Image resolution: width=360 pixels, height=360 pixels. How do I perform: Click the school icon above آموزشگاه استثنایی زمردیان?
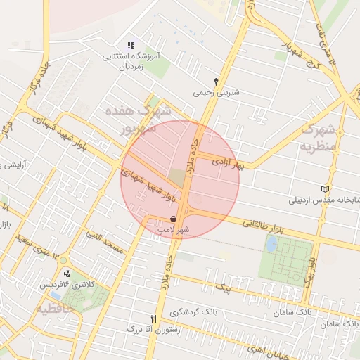(x=131, y=45)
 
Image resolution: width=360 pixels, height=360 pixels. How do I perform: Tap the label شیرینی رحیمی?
(x=217, y=92)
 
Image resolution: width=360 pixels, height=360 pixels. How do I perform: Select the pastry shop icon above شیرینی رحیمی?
(x=217, y=82)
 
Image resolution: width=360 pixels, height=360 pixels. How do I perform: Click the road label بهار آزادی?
(x=232, y=164)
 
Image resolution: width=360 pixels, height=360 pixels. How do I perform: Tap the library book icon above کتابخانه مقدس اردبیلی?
(x=324, y=188)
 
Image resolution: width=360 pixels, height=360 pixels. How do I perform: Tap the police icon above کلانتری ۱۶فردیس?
(x=67, y=273)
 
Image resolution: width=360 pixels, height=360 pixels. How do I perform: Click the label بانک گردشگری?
(x=181, y=311)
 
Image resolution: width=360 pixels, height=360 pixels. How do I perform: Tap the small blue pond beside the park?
(x=271, y=244)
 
